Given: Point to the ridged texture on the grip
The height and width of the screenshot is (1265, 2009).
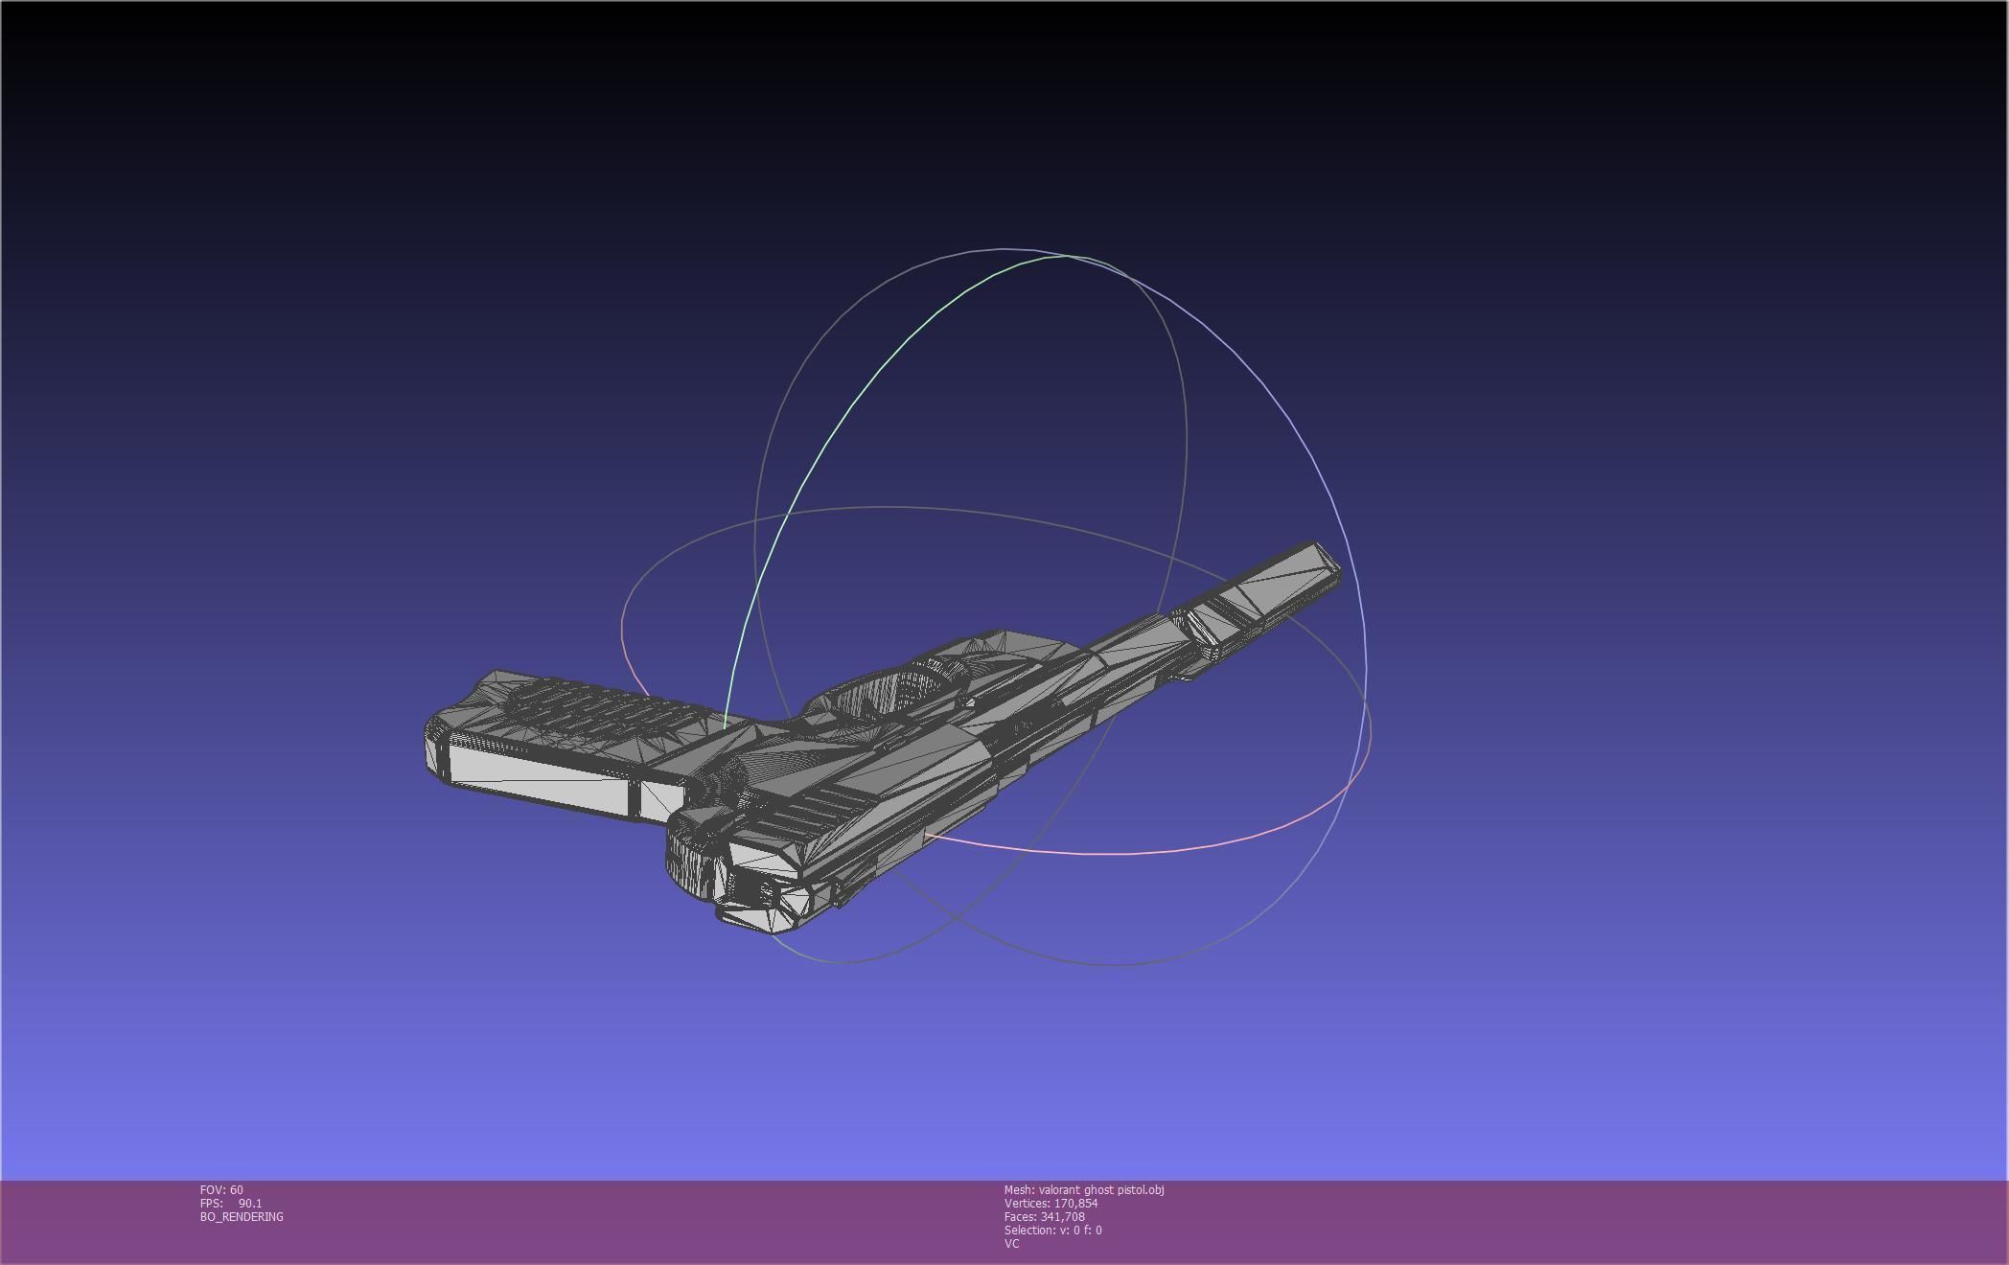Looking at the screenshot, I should point(594,704).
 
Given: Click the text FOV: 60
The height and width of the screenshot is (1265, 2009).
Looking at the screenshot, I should point(221,1190).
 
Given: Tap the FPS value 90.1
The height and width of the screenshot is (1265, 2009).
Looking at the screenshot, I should point(249,1204).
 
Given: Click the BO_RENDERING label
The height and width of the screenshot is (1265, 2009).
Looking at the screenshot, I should point(242,1217).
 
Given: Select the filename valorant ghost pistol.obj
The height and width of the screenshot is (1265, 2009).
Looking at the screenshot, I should point(1101,1190).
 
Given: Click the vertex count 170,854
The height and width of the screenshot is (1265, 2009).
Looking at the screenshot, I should point(1075,1204).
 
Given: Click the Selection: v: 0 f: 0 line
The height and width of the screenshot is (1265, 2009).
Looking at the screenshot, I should point(1052,1230).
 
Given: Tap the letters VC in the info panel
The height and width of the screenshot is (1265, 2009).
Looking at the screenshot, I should point(1011,1244).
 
